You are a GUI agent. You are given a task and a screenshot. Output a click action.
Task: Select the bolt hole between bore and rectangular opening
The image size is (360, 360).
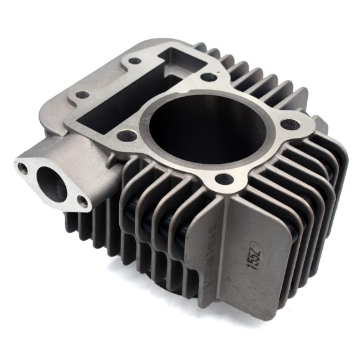point(209,78)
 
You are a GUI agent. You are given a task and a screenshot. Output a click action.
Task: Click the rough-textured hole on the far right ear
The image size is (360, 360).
point(294,124)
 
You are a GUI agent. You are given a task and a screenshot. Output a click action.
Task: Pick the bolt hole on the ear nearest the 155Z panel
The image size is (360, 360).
point(224,179)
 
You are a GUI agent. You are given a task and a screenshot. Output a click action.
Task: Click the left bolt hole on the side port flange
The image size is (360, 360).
point(23,167)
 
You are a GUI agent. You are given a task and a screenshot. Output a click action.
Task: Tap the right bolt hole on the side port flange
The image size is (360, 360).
point(83,201)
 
